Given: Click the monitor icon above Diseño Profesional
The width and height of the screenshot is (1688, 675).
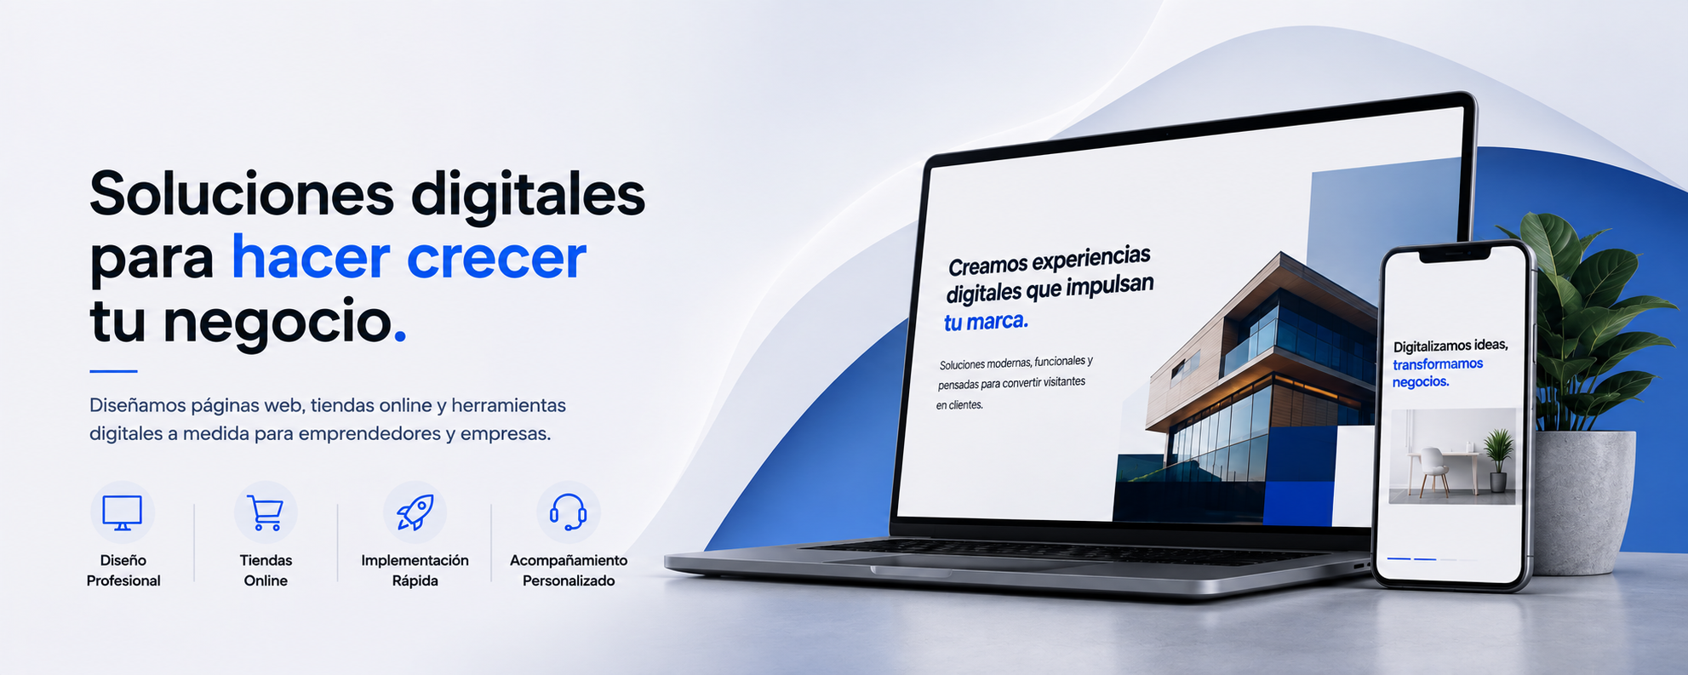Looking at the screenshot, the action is [122, 512].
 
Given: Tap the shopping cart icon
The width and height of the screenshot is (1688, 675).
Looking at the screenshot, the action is [265, 512].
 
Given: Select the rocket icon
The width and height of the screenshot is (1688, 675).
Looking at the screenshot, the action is [415, 512].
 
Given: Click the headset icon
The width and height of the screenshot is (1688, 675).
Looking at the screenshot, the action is [568, 512].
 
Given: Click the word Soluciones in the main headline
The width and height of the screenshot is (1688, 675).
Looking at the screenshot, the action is [242, 194].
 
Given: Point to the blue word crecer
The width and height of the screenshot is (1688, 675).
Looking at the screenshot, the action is [496, 259].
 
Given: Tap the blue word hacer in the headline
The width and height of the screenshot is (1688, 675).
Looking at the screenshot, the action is [311, 257].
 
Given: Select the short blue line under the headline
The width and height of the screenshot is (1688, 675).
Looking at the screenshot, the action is [113, 371].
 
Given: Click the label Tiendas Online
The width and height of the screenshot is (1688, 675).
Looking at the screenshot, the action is [266, 570].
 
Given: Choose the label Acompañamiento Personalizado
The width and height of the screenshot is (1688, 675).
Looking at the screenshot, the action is [569, 570].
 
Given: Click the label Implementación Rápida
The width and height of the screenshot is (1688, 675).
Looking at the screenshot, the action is [415, 570].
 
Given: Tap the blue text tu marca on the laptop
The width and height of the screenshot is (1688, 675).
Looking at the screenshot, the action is [986, 322].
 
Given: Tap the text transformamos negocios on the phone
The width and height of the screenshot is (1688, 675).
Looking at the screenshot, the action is [1437, 373].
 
